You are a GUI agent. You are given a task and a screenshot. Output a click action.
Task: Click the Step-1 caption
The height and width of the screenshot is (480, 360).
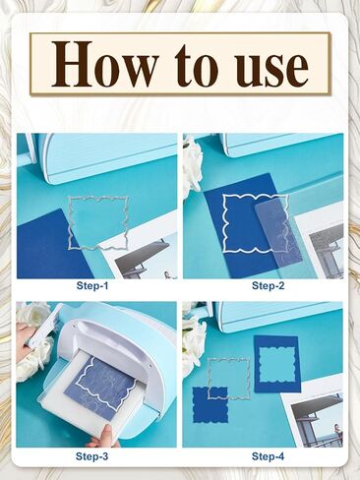coord(92,285)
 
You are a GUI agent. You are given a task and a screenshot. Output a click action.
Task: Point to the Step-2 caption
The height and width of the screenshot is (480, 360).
coord(269,285)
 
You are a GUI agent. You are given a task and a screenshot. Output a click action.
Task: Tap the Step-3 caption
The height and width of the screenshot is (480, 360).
coord(91,456)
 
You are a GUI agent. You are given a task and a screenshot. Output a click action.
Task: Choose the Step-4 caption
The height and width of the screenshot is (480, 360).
coord(268,456)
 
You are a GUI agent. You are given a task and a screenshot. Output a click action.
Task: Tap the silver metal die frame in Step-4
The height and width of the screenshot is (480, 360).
coord(210,377)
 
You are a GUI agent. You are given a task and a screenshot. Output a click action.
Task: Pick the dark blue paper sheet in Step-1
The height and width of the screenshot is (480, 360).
coord(49,246)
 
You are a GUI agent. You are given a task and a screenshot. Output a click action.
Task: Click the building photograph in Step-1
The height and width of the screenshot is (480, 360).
coord(145,253)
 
